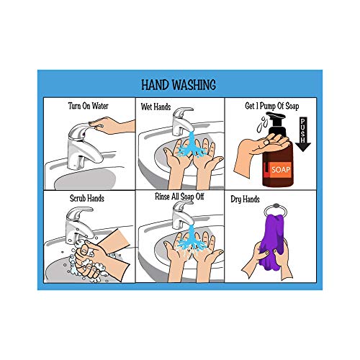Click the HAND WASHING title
(179, 83)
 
